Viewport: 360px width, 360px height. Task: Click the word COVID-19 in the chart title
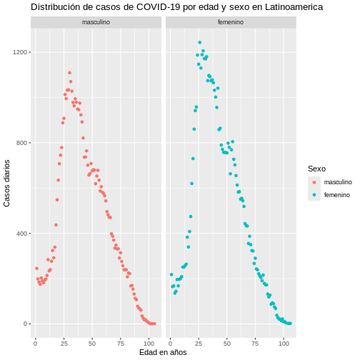click(x=158, y=7)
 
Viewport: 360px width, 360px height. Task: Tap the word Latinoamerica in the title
click(x=294, y=7)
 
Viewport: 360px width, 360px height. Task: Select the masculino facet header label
click(x=96, y=22)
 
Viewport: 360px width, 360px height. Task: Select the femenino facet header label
click(x=231, y=22)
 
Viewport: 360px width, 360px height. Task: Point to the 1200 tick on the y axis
click(x=20, y=52)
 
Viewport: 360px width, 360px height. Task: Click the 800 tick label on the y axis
click(x=21, y=143)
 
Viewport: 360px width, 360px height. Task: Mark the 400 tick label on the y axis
click(x=21, y=234)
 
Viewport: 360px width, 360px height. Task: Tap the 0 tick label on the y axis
click(x=25, y=324)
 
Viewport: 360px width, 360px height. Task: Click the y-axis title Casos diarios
click(x=6, y=183)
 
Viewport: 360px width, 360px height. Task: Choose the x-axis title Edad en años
click(x=163, y=352)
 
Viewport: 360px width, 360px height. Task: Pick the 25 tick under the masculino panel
click(x=64, y=344)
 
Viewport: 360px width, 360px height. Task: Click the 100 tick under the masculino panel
click(x=149, y=344)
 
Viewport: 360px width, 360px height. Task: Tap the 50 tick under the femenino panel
click(x=227, y=344)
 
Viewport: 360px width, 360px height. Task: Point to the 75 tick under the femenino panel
click(x=255, y=344)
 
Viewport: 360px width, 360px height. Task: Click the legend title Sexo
click(x=316, y=169)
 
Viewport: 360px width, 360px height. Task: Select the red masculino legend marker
click(x=314, y=182)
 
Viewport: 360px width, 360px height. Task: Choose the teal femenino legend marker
click(x=314, y=195)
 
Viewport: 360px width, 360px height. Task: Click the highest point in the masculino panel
click(x=69, y=73)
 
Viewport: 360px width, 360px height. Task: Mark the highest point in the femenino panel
click(x=200, y=42)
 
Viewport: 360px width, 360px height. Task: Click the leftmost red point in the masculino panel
click(x=36, y=269)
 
